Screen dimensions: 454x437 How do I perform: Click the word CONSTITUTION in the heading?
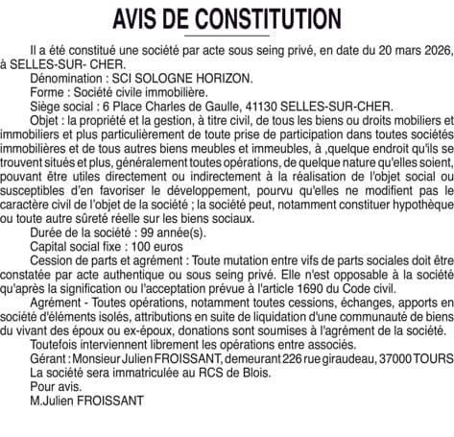click(x=267, y=18)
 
